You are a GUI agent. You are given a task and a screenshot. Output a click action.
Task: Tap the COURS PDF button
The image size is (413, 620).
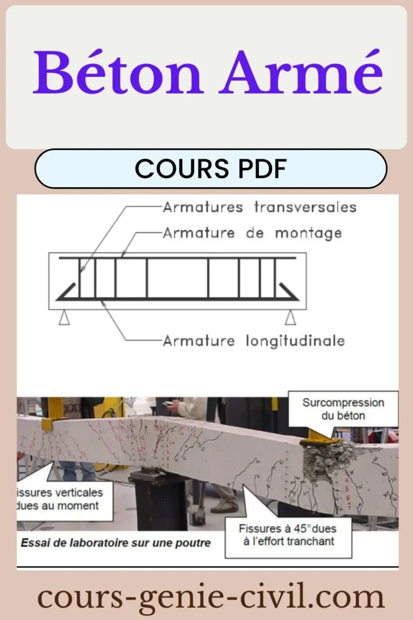coord(210,169)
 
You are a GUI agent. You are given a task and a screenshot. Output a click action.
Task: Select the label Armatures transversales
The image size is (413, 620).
coord(259,207)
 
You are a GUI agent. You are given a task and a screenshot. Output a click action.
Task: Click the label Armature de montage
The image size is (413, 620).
coord(252,234)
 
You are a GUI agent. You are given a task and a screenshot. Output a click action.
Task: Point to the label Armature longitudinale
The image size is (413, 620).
coord(253,341)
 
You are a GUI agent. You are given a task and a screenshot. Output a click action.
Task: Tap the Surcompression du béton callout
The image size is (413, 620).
coord(343,409)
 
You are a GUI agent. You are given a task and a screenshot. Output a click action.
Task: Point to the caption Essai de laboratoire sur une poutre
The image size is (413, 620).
coord(115,542)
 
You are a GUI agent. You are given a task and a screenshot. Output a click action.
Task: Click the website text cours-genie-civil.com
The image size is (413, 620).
coord(210,597)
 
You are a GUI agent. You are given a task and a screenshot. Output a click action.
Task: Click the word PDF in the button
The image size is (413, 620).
coord(264,169)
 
